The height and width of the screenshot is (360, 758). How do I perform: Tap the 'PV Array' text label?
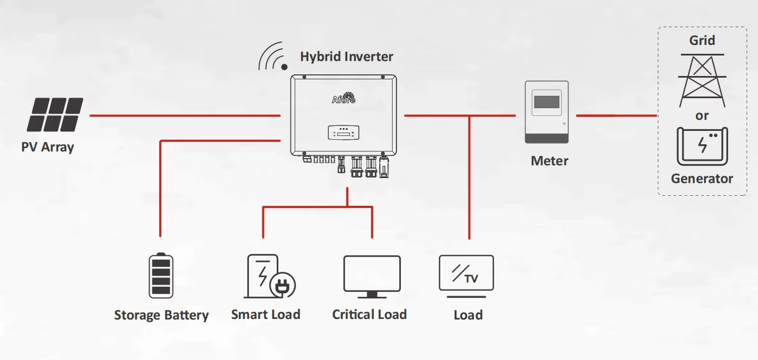(47, 148)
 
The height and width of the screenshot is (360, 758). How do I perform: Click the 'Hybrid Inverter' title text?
(347, 57)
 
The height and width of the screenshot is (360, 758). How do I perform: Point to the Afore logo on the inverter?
(343, 98)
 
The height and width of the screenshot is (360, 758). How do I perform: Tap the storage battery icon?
(161, 276)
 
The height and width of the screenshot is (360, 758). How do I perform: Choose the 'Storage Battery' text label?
(161, 316)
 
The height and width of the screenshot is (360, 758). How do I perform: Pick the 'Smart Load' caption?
(266, 315)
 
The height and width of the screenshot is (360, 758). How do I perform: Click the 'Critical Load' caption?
(369, 315)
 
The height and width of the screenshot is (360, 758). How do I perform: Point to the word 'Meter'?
(550, 161)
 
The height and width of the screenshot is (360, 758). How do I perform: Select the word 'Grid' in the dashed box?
(702, 40)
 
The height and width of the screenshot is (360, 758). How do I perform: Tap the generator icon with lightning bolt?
(702, 146)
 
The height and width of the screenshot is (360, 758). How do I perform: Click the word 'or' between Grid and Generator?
(702, 116)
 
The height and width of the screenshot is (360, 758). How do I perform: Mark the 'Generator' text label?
(702, 179)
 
